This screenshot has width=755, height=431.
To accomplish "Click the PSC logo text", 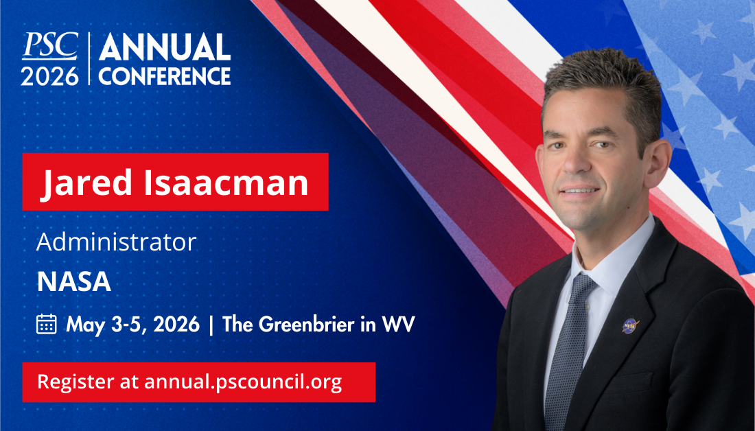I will [49, 47].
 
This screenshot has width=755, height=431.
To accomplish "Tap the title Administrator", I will [116, 242].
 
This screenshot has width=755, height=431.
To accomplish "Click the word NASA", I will [73, 282].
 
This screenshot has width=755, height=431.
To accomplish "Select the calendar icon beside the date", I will [46, 323].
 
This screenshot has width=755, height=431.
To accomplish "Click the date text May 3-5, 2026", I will [132, 324].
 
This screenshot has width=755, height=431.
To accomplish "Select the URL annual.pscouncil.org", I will [243, 382].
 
